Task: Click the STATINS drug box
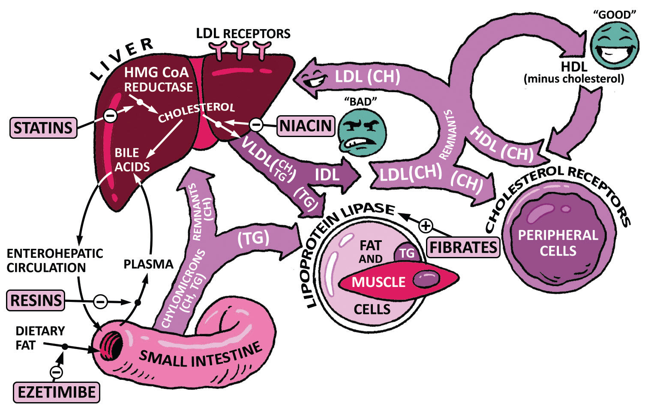point(43,128)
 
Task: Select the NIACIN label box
point(306,126)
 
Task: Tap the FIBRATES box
point(463,247)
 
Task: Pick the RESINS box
point(36,300)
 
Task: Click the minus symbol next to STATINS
point(110,115)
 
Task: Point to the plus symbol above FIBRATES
point(426,225)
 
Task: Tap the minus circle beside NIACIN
point(256,125)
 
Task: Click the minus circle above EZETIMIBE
point(56,372)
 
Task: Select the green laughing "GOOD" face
point(615,45)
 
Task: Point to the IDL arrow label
point(327,175)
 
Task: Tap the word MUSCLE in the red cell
point(378,282)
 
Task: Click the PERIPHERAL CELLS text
point(558,243)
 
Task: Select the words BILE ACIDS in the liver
point(132,160)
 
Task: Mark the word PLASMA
point(148,264)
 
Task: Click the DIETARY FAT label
point(40,337)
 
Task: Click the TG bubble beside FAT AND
point(407,253)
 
